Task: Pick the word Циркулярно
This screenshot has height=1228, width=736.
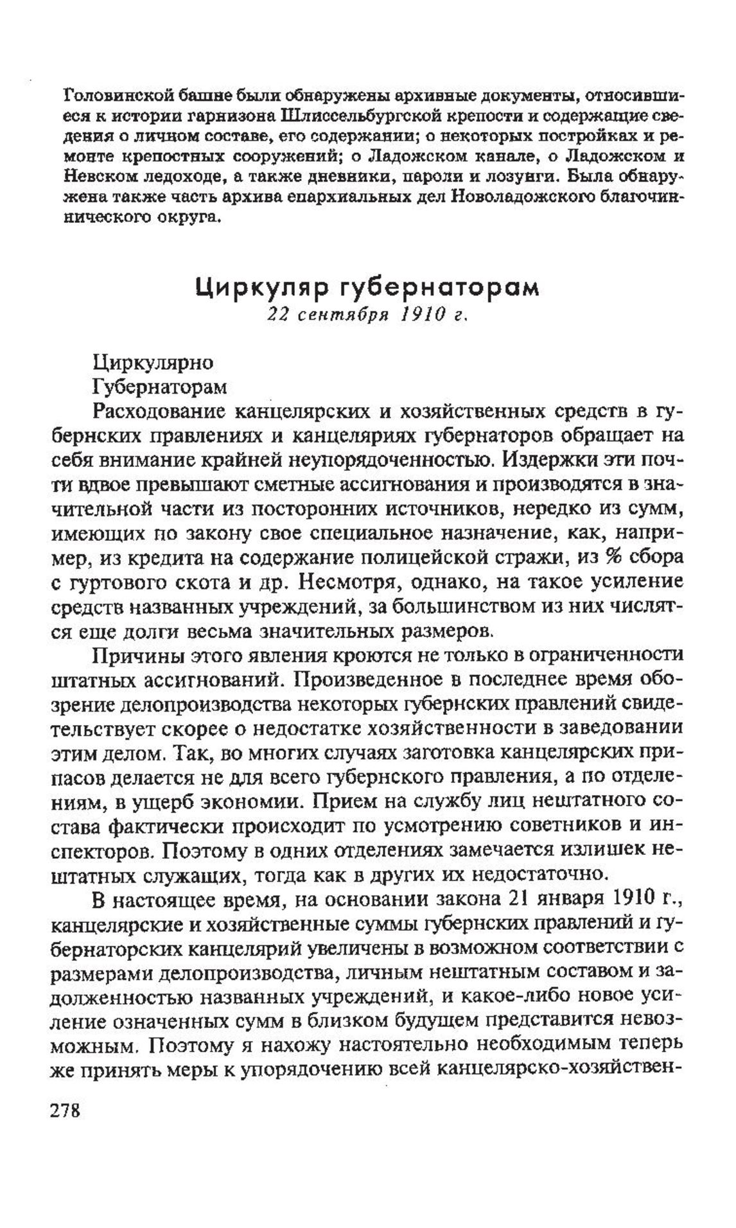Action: (153, 363)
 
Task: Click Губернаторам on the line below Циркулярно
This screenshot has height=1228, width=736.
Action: (159, 387)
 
